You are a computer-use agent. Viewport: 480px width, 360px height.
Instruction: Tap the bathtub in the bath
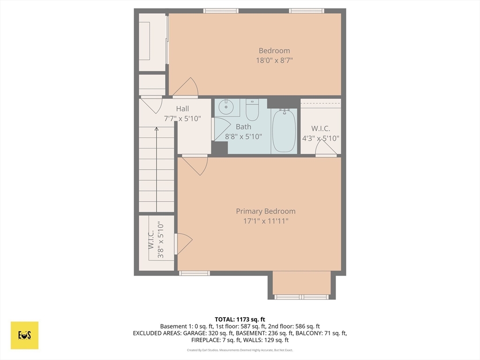point(284,130)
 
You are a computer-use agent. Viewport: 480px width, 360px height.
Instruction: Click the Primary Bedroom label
point(265,211)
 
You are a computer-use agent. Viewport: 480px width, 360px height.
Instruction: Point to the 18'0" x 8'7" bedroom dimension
point(274,60)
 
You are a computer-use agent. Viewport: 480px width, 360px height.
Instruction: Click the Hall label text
point(182,109)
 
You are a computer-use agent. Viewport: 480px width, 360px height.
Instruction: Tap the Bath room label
point(243,127)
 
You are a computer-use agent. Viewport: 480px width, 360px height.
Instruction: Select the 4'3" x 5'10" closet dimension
point(321,138)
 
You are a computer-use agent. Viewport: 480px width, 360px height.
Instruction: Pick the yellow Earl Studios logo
point(24,335)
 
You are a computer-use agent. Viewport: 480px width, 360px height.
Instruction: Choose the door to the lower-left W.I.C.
point(184,244)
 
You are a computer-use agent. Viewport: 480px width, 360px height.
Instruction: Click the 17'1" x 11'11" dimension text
point(265,221)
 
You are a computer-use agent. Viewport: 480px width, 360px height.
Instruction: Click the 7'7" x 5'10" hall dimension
point(182,119)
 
